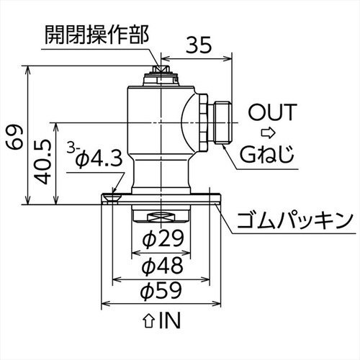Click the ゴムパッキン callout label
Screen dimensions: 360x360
click(x=295, y=219)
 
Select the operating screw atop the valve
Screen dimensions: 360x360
click(x=160, y=71)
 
